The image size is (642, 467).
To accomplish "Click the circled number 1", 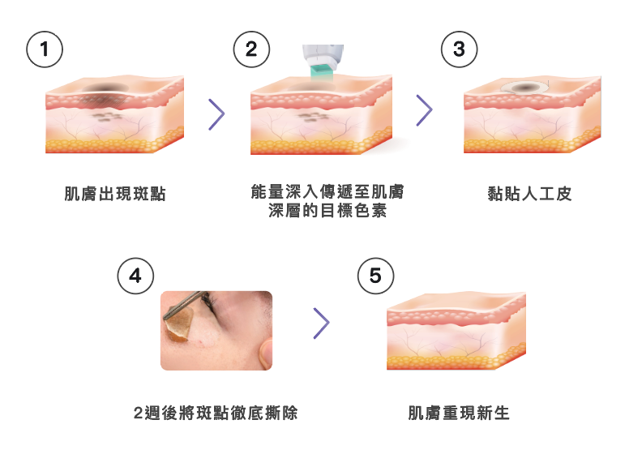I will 45,49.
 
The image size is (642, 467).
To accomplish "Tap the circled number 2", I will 251,49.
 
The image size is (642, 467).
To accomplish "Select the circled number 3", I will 459,49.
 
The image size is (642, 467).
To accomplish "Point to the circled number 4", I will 135,276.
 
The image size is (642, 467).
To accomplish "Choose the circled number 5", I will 375,276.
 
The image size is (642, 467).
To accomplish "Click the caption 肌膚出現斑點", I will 115,194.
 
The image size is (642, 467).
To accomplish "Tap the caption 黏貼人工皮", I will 530,194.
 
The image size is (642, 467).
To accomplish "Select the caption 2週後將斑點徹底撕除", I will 216,413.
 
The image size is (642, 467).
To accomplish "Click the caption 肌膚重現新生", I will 459,413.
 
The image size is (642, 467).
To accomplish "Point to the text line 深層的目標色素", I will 327,212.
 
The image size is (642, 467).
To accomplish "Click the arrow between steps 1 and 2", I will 216,114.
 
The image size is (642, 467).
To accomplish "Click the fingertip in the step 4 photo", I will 263,351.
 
